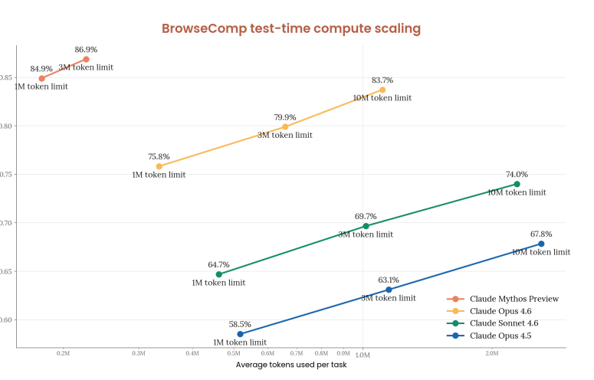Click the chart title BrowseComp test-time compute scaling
tap(290, 29)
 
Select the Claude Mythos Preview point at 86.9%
tap(87, 59)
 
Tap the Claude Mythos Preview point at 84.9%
tap(41, 78)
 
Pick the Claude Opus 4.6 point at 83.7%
tap(382, 90)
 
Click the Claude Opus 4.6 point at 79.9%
tap(285, 126)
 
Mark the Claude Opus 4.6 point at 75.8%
tap(159, 166)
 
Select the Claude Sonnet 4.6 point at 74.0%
tap(517, 184)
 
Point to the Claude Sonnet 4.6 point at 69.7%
tap(366, 226)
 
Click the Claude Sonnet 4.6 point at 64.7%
tap(218, 274)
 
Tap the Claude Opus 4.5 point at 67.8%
tap(541, 244)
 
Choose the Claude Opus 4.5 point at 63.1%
tap(389, 290)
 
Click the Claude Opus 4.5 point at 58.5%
tap(240, 334)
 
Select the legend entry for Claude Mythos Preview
tap(513, 299)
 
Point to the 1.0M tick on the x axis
tap(362, 354)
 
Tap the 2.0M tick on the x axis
tap(492, 353)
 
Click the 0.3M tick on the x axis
tap(139, 353)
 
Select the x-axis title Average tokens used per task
tap(290, 365)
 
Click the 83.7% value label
tap(382, 80)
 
